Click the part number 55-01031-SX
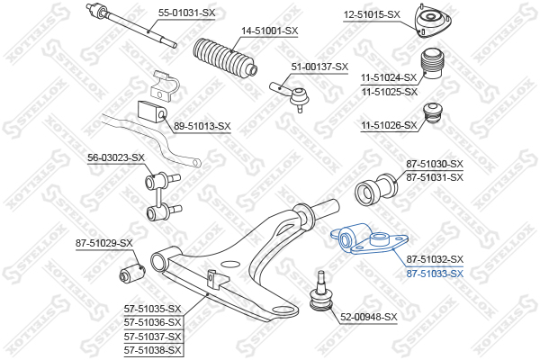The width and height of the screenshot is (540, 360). (x=186, y=13)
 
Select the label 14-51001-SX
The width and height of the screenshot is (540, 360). (x=269, y=31)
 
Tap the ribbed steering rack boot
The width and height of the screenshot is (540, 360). (x=226, y=57)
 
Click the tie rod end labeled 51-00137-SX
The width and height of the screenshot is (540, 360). (x=291, y=95)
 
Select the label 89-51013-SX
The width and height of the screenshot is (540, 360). (x=202, y=126)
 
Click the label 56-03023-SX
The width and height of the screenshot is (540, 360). (x=116, y=157)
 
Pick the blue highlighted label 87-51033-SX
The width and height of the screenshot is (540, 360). (x=435, y=274)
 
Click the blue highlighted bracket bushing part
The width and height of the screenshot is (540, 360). (x=369, y=238)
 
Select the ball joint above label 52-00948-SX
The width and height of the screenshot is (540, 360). (x=321, y=292)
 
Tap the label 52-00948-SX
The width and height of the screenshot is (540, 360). (x=369, y=317)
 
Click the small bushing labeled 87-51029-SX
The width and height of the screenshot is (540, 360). (x=132, y=274)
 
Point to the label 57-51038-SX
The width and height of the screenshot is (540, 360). (x=153, y=350)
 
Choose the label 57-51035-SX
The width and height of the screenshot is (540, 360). (x=153, y=309)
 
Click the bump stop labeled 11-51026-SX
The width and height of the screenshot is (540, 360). (x=434, y=116)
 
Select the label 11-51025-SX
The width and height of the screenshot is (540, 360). (x=390, y=92)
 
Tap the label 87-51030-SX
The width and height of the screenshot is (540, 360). (x=435, y=164)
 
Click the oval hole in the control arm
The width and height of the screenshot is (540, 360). (x=229, y=265)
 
